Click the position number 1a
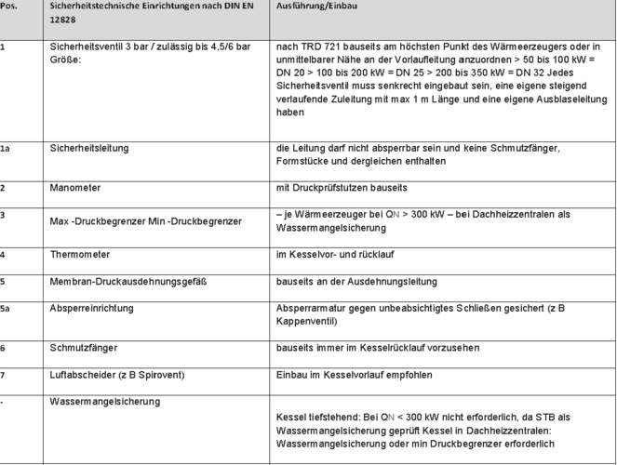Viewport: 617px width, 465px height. click(6, 148)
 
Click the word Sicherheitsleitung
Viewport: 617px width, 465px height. click(89, 148)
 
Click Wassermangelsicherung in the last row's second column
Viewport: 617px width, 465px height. click(105, 401)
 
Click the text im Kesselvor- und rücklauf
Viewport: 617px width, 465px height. click(337, 254)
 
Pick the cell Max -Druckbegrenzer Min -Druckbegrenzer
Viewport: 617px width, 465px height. click(145, 221)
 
